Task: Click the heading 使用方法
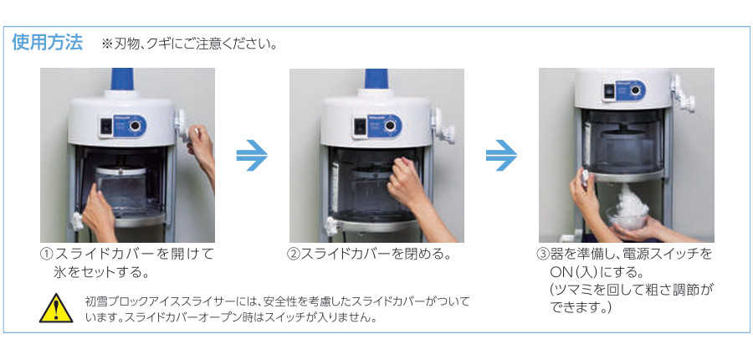click(48, 43)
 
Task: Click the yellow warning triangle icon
click(56, 309)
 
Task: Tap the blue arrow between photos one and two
click(252, 155)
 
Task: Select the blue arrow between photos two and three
click(501, 155)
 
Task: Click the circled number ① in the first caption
click(47, 255)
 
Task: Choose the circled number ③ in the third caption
click(541, 255)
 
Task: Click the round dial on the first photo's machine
click(136, 126)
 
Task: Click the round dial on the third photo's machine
click(637, 90)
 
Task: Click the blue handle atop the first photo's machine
click(123, 79)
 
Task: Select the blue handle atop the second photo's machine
click(376, 79)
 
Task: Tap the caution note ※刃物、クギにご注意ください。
click(190, 44)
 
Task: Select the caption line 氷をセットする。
click(100, 273)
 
